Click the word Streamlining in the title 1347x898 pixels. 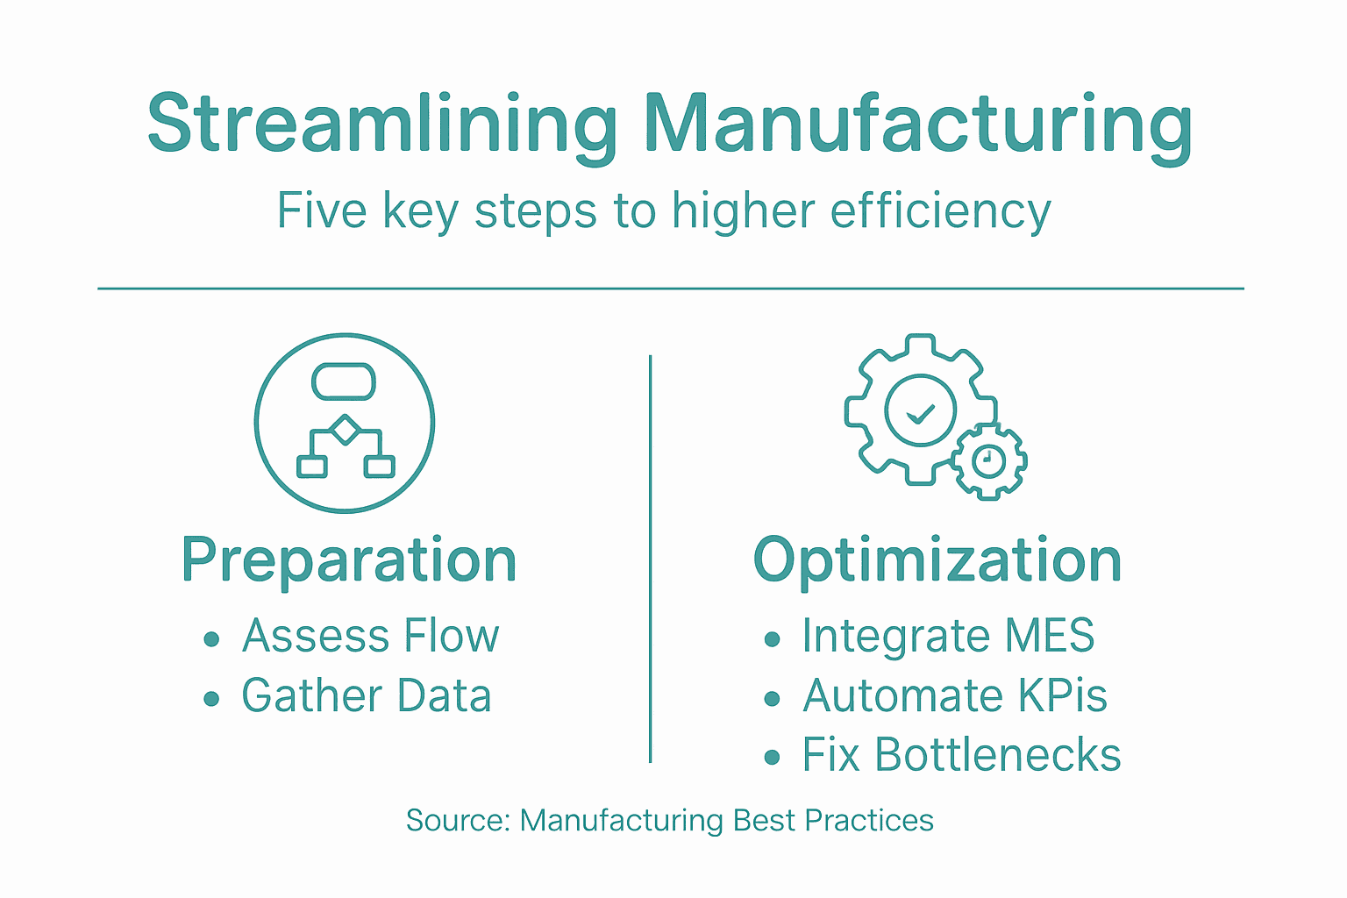(382, 125)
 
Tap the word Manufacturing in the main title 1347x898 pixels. (917, 125)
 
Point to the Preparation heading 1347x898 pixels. (349, 560)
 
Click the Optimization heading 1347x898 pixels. (937, 560)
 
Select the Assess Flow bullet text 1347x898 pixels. (370, 636)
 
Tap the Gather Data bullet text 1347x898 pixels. (366, 696)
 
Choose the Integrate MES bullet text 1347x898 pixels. (948, 636)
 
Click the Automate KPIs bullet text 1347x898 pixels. (955, 696)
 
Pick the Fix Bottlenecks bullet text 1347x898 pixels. (961, 755)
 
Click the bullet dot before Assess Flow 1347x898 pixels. (211, 639)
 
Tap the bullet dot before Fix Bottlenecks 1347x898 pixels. (772, 758)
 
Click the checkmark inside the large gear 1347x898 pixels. (920, 412)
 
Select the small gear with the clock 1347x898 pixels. (989, 460)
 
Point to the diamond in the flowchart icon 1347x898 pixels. (346, 430)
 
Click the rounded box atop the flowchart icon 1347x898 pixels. (344, 381)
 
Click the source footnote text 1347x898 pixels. (669, 821)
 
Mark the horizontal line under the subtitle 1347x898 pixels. (671, 288)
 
